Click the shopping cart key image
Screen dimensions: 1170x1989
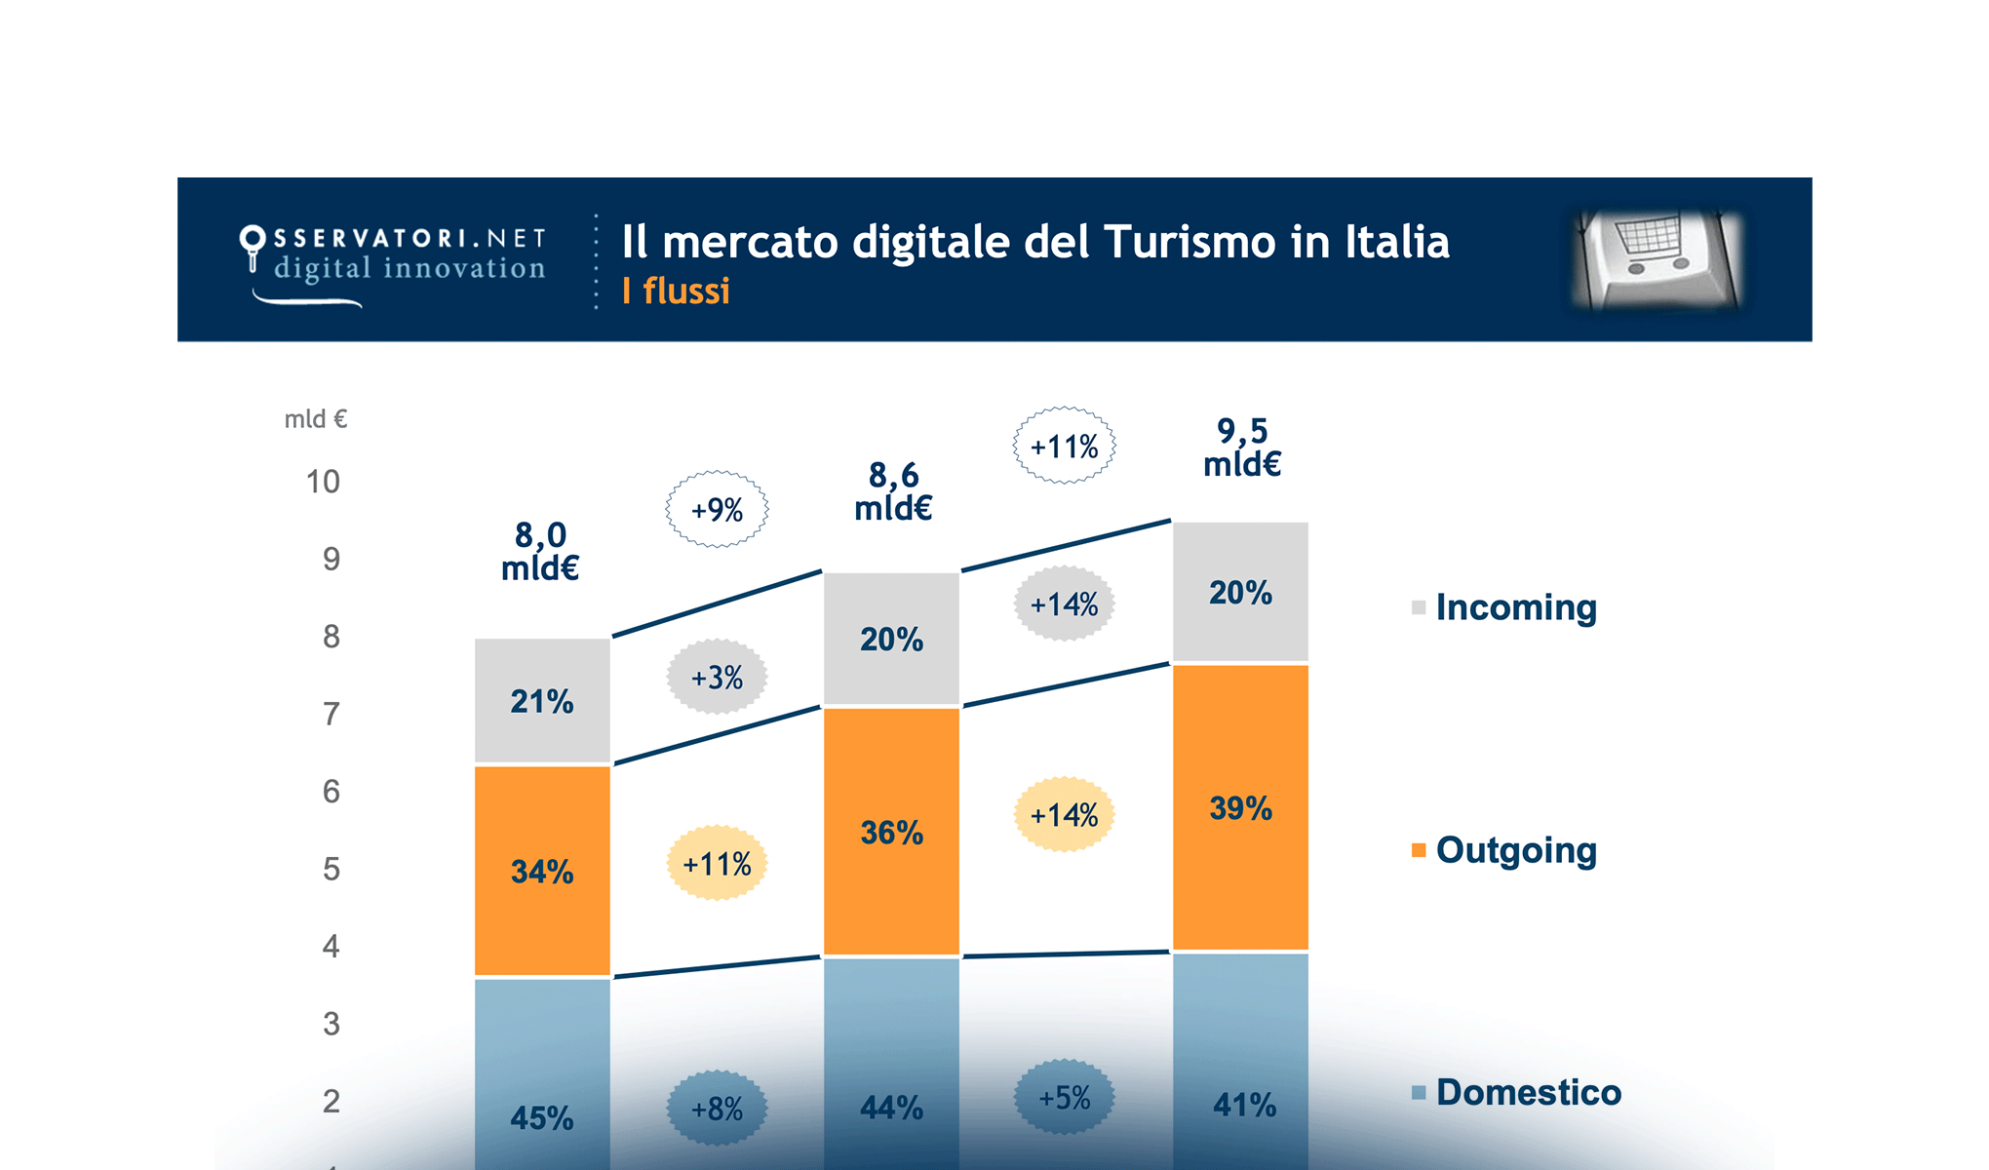point(1658,260)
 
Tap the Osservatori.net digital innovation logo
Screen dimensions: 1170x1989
point(394,260)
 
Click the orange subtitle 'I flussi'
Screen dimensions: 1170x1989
point(676,292)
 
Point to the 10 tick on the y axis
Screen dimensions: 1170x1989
point(323,482)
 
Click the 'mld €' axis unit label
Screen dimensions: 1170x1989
point(315,419)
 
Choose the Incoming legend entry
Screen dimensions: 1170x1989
point(1514,607)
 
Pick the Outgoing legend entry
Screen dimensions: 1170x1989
point(1514,850)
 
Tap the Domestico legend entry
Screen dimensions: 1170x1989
point(1527,1092)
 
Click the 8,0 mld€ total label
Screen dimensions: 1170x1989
point(540,551)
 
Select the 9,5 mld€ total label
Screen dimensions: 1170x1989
point(1241,447)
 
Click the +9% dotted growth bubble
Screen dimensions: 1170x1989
point(717,510)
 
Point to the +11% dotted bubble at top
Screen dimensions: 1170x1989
point(1064,447)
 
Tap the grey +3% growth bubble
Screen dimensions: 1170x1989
point(717,678)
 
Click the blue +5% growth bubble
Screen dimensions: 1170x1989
point(1064,1098)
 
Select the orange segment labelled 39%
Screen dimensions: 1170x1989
point(1240,807)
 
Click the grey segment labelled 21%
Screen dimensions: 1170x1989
point(542,701)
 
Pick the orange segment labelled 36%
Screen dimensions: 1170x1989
point(891,832)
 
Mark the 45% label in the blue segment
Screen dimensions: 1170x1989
point(542,1117)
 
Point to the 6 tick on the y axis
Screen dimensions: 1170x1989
point(331,791)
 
